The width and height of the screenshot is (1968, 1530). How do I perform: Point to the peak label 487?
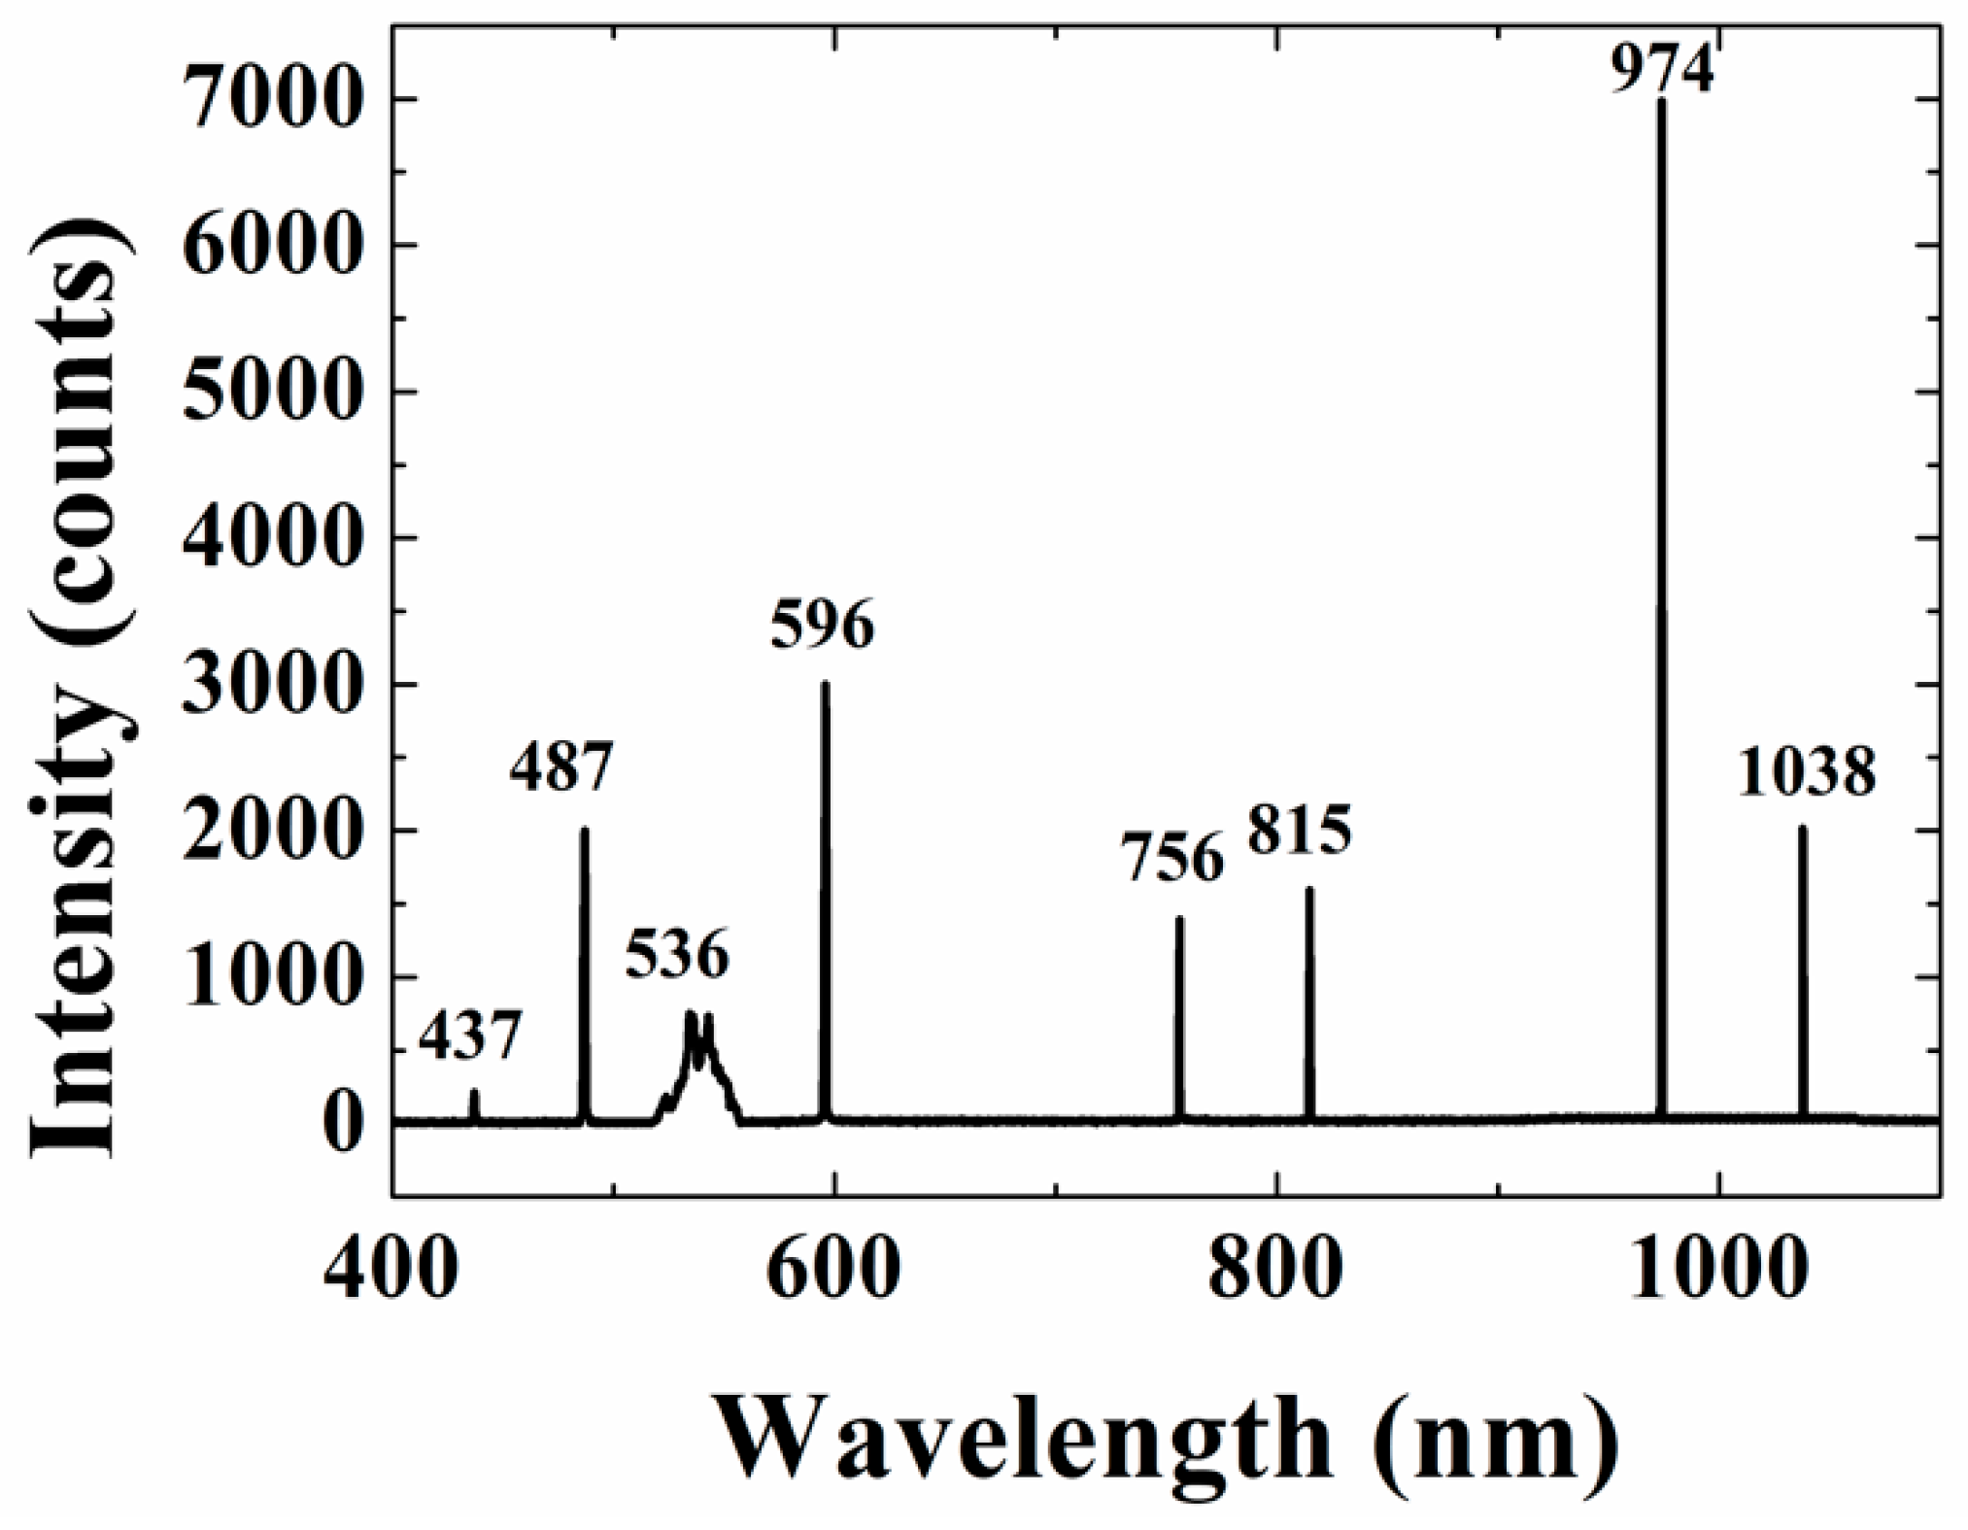point(561,766)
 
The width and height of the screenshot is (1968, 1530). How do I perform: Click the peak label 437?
point(470,1037)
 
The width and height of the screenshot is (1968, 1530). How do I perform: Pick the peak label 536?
point(676,954)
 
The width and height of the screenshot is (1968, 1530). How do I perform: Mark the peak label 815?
point(1300,832)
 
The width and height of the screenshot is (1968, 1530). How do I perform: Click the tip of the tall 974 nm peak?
point(1661,100)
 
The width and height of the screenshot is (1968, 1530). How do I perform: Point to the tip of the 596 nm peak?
point(825,684)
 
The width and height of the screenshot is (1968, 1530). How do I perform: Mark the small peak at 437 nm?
point(474,1092)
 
